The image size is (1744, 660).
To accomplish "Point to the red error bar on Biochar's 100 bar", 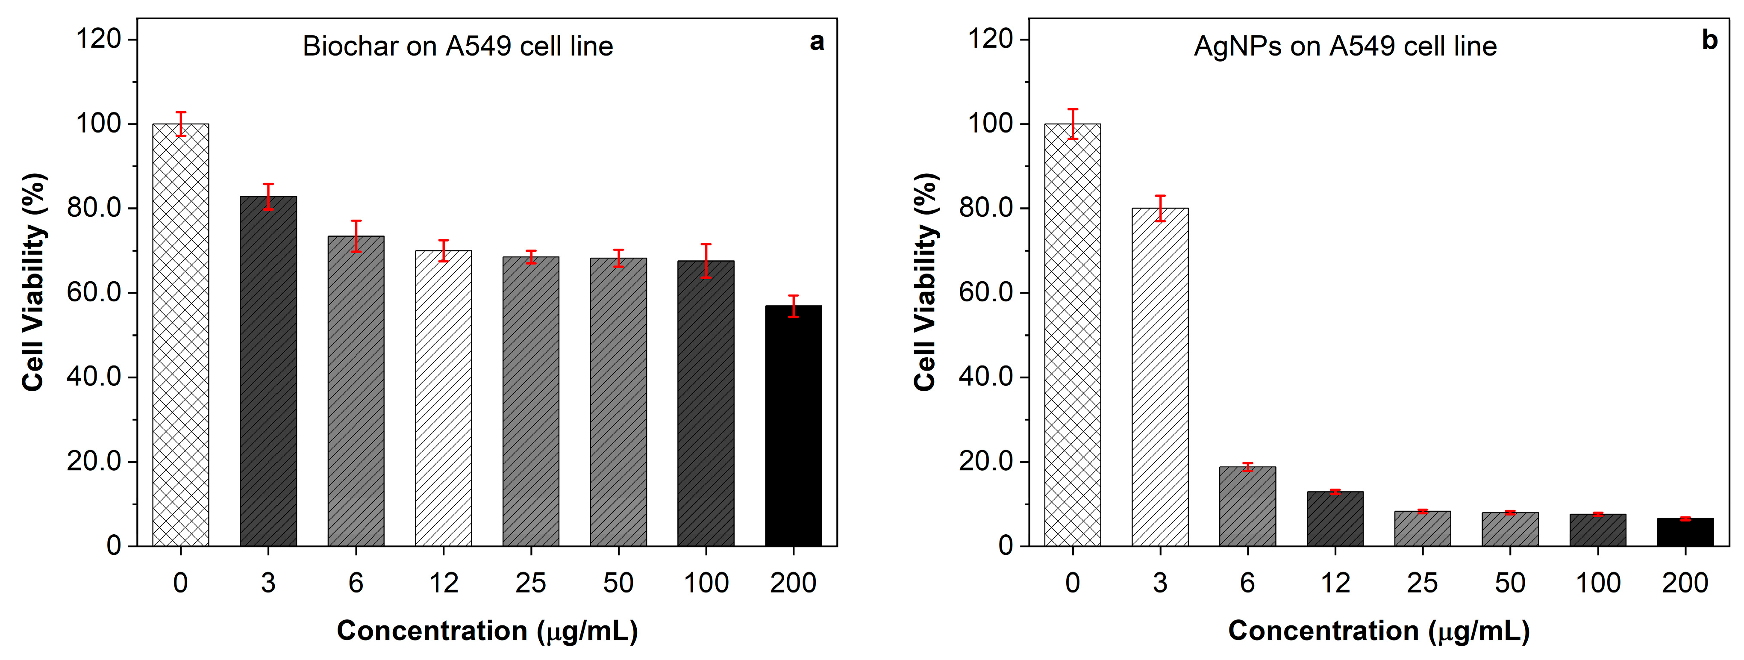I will click(706, 261).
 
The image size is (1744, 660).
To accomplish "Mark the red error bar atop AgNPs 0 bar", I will click(1072, 124).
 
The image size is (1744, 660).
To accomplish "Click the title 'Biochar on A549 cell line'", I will click(458, 46).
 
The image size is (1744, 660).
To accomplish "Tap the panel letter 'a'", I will click(817, 42).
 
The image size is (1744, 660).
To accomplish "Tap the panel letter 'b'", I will click(1709, 41).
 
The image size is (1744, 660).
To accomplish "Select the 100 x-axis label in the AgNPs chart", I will click(1598, 583).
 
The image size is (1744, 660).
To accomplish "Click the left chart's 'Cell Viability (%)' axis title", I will click(34, 282).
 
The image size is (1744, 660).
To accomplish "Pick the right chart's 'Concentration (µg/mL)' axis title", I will click(1379, 631).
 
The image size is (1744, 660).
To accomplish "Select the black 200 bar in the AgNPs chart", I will click(1685, 532).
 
